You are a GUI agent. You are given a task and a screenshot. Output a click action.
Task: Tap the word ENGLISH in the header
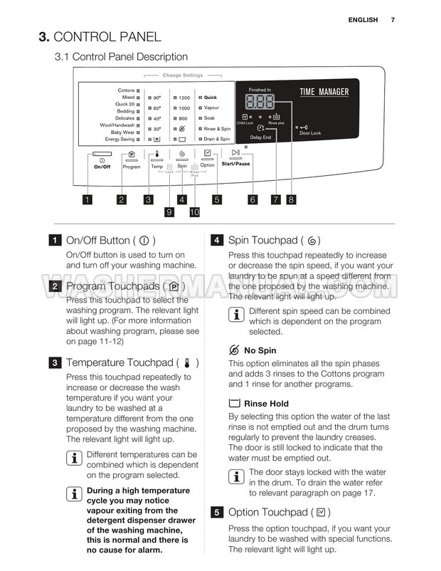click(x=363, y=20)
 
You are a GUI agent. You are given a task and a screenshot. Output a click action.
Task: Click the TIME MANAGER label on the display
click(x=324, y=92)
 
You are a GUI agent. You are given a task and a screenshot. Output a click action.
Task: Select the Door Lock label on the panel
click(x=310, y=133)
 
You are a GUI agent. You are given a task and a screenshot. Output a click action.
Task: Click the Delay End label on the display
click(x=260, y=137)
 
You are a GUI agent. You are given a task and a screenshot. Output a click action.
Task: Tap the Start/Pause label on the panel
click(x=235, y=164)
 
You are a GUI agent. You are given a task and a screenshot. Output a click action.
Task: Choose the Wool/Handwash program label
click(x=117, y=125)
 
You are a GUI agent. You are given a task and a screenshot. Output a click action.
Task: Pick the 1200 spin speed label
click(x=184, y=98)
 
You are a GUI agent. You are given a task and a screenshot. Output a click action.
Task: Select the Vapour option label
click(x=212, y=108)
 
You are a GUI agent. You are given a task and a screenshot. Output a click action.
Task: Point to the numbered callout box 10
click(x=194, y=212)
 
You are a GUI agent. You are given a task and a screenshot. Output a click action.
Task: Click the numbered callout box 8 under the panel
click(x=291, y=200)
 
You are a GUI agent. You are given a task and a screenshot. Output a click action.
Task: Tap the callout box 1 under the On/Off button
click(x=87, y=200)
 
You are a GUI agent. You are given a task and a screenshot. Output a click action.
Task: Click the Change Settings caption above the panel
click(x=183, y=75)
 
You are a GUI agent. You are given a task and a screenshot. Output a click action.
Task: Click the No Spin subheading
click(x=260, y=350)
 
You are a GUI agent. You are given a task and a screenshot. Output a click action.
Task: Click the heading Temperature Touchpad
click(x=119, y=363)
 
